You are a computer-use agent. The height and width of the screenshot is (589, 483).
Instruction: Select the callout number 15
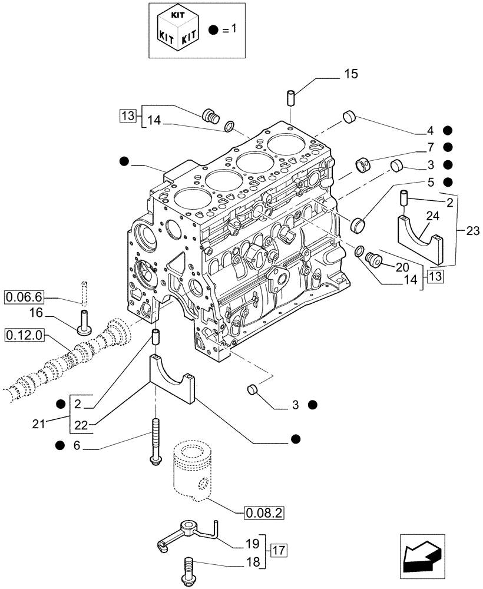point(351,74)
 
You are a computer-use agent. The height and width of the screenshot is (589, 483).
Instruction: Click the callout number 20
point(402,267)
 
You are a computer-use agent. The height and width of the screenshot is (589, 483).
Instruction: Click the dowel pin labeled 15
point(292,98)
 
